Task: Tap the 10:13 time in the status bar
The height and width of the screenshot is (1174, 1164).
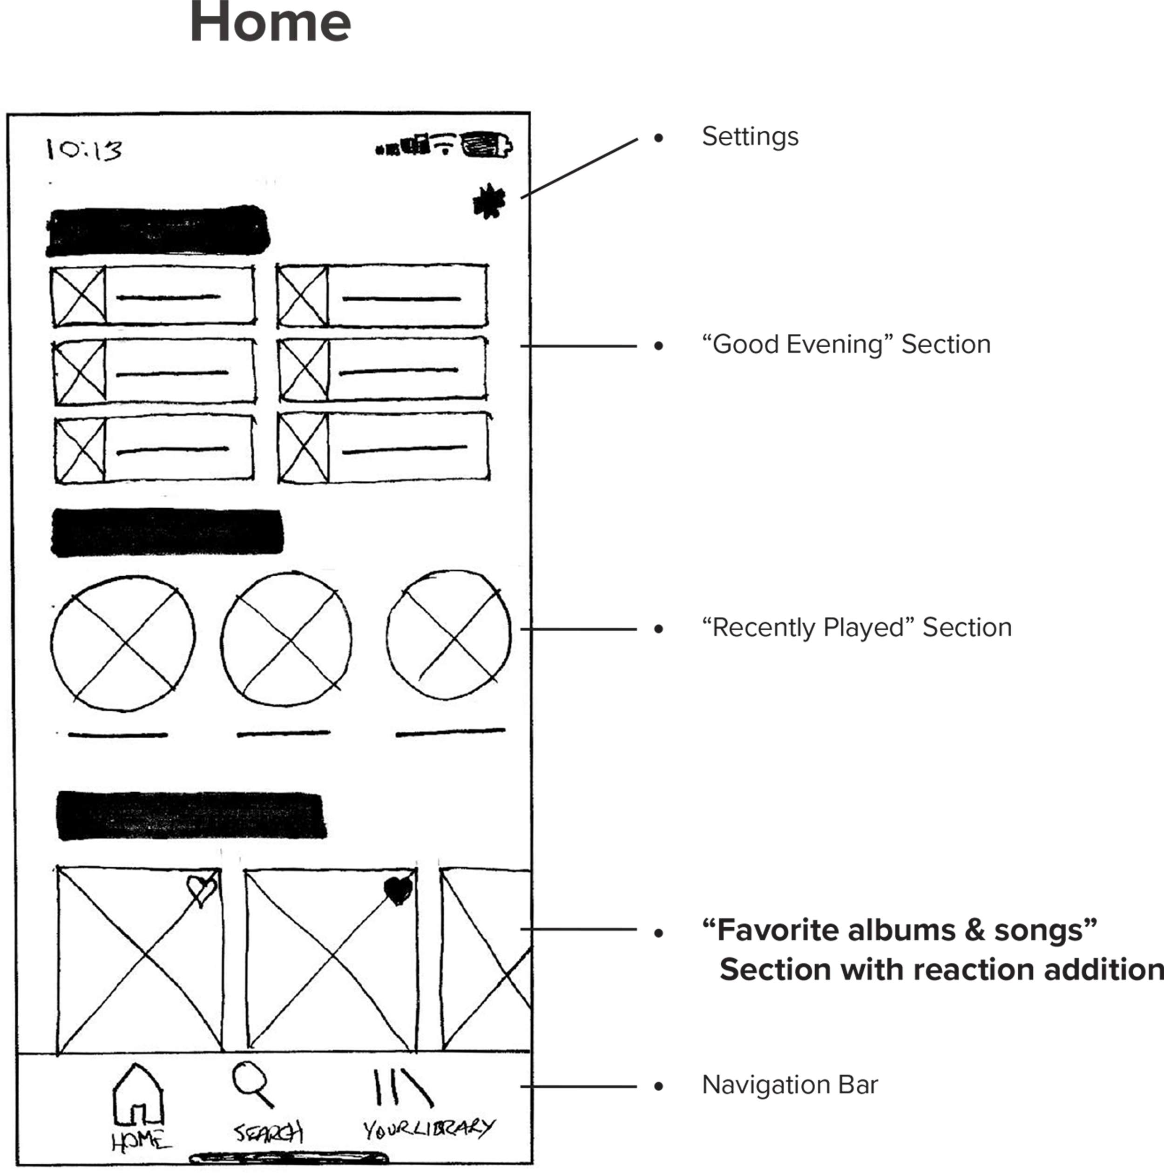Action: pyautogui.click(x=84, y=149)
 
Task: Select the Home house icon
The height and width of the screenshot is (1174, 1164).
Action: pyautogui.click(x=138, y=1094)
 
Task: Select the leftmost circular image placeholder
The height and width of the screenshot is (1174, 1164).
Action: pyautogui.click(x=123, y=643)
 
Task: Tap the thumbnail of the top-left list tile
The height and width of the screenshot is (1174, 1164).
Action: pyautogui.click(x=78, y=297)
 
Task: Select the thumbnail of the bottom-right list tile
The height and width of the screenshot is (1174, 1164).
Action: pyautogui.click(x=303, y=448)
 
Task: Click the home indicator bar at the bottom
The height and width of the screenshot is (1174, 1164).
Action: pyautogui.click(x=288, y=1158)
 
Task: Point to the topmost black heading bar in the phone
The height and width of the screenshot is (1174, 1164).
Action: pyautogui.click(x=158, y=231)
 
